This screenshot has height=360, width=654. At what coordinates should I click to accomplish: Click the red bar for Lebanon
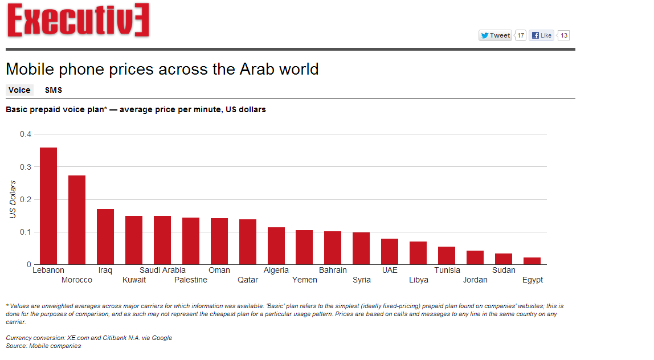[x=48, y=206]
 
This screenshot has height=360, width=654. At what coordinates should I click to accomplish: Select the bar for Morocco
[x=77, y=220]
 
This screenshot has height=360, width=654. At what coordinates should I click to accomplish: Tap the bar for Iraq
[x=105, y=237]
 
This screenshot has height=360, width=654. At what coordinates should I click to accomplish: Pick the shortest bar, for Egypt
[x=532, y=261]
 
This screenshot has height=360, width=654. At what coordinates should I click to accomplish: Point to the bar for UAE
[x=390, y=252]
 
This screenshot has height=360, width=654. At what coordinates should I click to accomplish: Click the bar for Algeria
[x=276, y=246]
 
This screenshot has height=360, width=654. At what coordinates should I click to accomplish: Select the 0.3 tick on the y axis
[x=26, y=167]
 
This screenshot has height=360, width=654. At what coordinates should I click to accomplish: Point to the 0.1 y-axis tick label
[x=26, y=232]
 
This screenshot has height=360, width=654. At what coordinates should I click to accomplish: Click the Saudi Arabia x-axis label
[x=162, y=270]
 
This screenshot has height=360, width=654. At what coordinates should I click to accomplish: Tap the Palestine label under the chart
[x=191, y=280]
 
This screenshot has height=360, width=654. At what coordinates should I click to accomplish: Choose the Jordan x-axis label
[x=475, y=280]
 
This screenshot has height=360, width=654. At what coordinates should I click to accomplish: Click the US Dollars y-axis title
[x=13, y=199]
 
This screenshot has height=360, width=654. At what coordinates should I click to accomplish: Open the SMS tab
[x=54, y=90]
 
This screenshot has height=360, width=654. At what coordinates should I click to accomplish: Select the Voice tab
[x=19, y=90]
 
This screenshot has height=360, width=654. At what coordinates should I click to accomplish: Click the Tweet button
[x=495, y=35]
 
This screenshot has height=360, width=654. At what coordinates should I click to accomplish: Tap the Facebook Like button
[x=541, y=35]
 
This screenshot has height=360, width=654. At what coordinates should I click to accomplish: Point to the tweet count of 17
[x=521, y=35]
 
